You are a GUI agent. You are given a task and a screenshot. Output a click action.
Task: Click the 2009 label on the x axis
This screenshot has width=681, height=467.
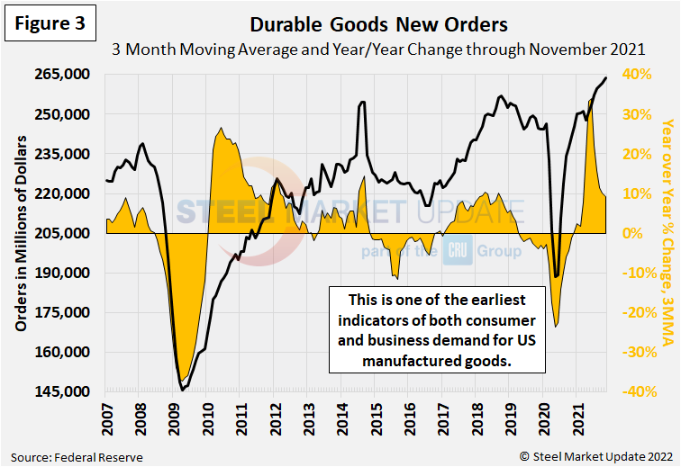(x=173, y=420)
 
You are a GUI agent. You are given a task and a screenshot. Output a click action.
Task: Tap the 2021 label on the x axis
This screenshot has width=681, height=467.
(x=577, y=420)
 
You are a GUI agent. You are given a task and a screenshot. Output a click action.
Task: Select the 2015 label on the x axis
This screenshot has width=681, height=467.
(x=376, y=420)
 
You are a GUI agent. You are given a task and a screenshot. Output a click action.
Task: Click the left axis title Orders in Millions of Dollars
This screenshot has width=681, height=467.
(x=20, y=233)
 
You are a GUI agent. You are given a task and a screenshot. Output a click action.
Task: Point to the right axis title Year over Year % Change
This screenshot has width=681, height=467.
(x=667, y=233)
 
